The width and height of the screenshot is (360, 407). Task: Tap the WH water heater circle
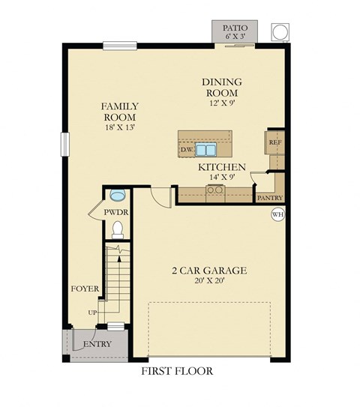pyautogui.click(x=277, y=214)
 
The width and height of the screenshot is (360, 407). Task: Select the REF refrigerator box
pyautogui.click(x=275, y=142)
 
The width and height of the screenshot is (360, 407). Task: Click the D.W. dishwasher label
pyautogui.click(x=187, y=150)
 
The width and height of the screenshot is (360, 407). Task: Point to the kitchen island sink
pyautogui.click(x=205, y=148)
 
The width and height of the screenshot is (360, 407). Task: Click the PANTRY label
pyautogui.click(x=268, y=198)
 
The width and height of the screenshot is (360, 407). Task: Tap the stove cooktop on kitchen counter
pyautogui.click(x=214, y=190)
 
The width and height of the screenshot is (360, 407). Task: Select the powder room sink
pyautogui.click(x=117, y=196)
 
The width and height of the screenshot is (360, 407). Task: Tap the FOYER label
pyautogui.click(x=82, y=288)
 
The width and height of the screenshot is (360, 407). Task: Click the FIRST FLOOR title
pyautogui.click(x=177, y=371)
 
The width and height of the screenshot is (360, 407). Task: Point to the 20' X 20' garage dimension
pyautogui.click(x=210, y=282)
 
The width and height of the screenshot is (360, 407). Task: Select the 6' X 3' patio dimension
pyautogui.click(x=234, y=36)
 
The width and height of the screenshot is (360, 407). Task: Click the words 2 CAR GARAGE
pyautogui.click(x=210, y=271)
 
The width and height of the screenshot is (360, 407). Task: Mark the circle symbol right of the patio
pyautogui.click(x=278, y=31)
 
